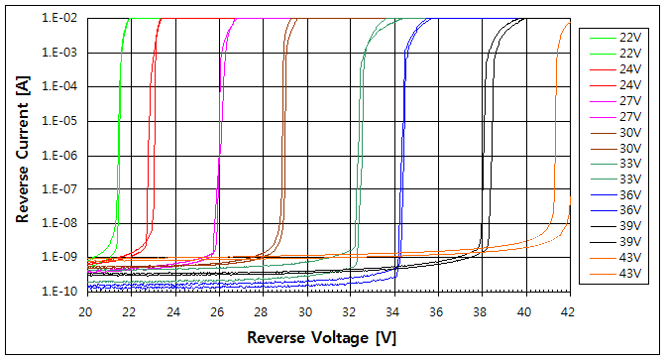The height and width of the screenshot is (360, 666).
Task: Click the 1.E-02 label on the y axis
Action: tap(60, 19)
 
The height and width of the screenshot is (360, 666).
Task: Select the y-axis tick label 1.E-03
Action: tap(60, 53)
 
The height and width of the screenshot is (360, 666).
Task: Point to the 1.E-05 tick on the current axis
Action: tap(60, 121)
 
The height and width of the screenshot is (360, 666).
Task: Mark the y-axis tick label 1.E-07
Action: tap(60, 189)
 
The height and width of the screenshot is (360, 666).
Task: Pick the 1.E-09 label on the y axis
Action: tap(60, 258)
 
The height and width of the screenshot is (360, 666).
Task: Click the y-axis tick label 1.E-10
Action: tap(60, 293)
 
